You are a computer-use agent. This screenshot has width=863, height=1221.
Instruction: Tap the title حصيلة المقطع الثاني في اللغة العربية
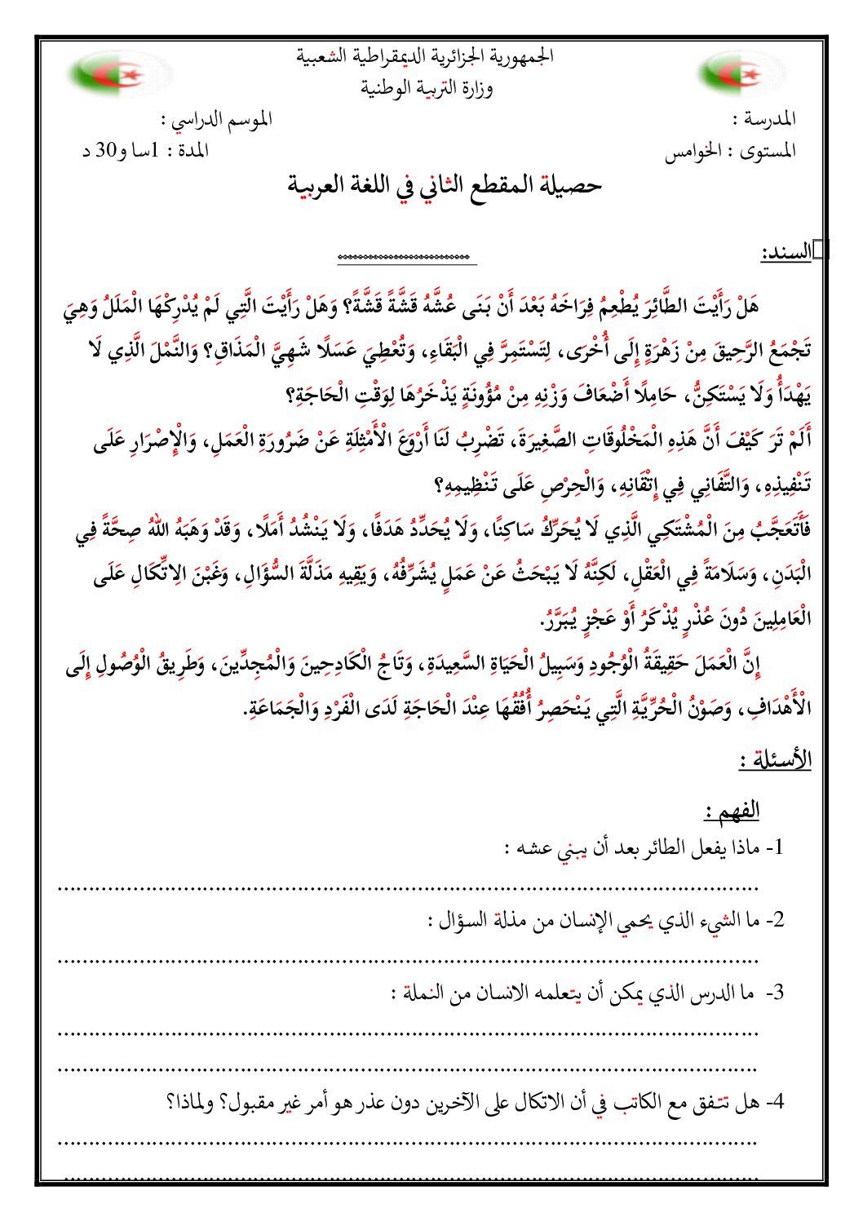pyautogui.click(x=444, y=186)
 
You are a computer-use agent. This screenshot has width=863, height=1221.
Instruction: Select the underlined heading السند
pyautogui.click(x=786, y=253)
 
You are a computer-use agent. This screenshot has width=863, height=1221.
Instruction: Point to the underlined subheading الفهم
pyautogui.click(x=732, y=811)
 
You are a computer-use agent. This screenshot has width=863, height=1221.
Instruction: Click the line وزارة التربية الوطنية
pyautogui.click(x=427, y=88)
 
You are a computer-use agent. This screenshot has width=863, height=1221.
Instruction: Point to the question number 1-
pyautogui.click(x=774, y=847)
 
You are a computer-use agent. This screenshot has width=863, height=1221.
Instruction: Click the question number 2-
pyautogui.click(x=774, y=921)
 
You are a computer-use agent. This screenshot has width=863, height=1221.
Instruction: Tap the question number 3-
pyautogui.click(x=774, y=993)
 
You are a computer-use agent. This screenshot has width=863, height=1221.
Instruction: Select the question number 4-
pyautogui.click(x=774, y=1103)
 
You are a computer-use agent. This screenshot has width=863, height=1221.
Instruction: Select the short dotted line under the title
pyautogui.click(x=406, y=259)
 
